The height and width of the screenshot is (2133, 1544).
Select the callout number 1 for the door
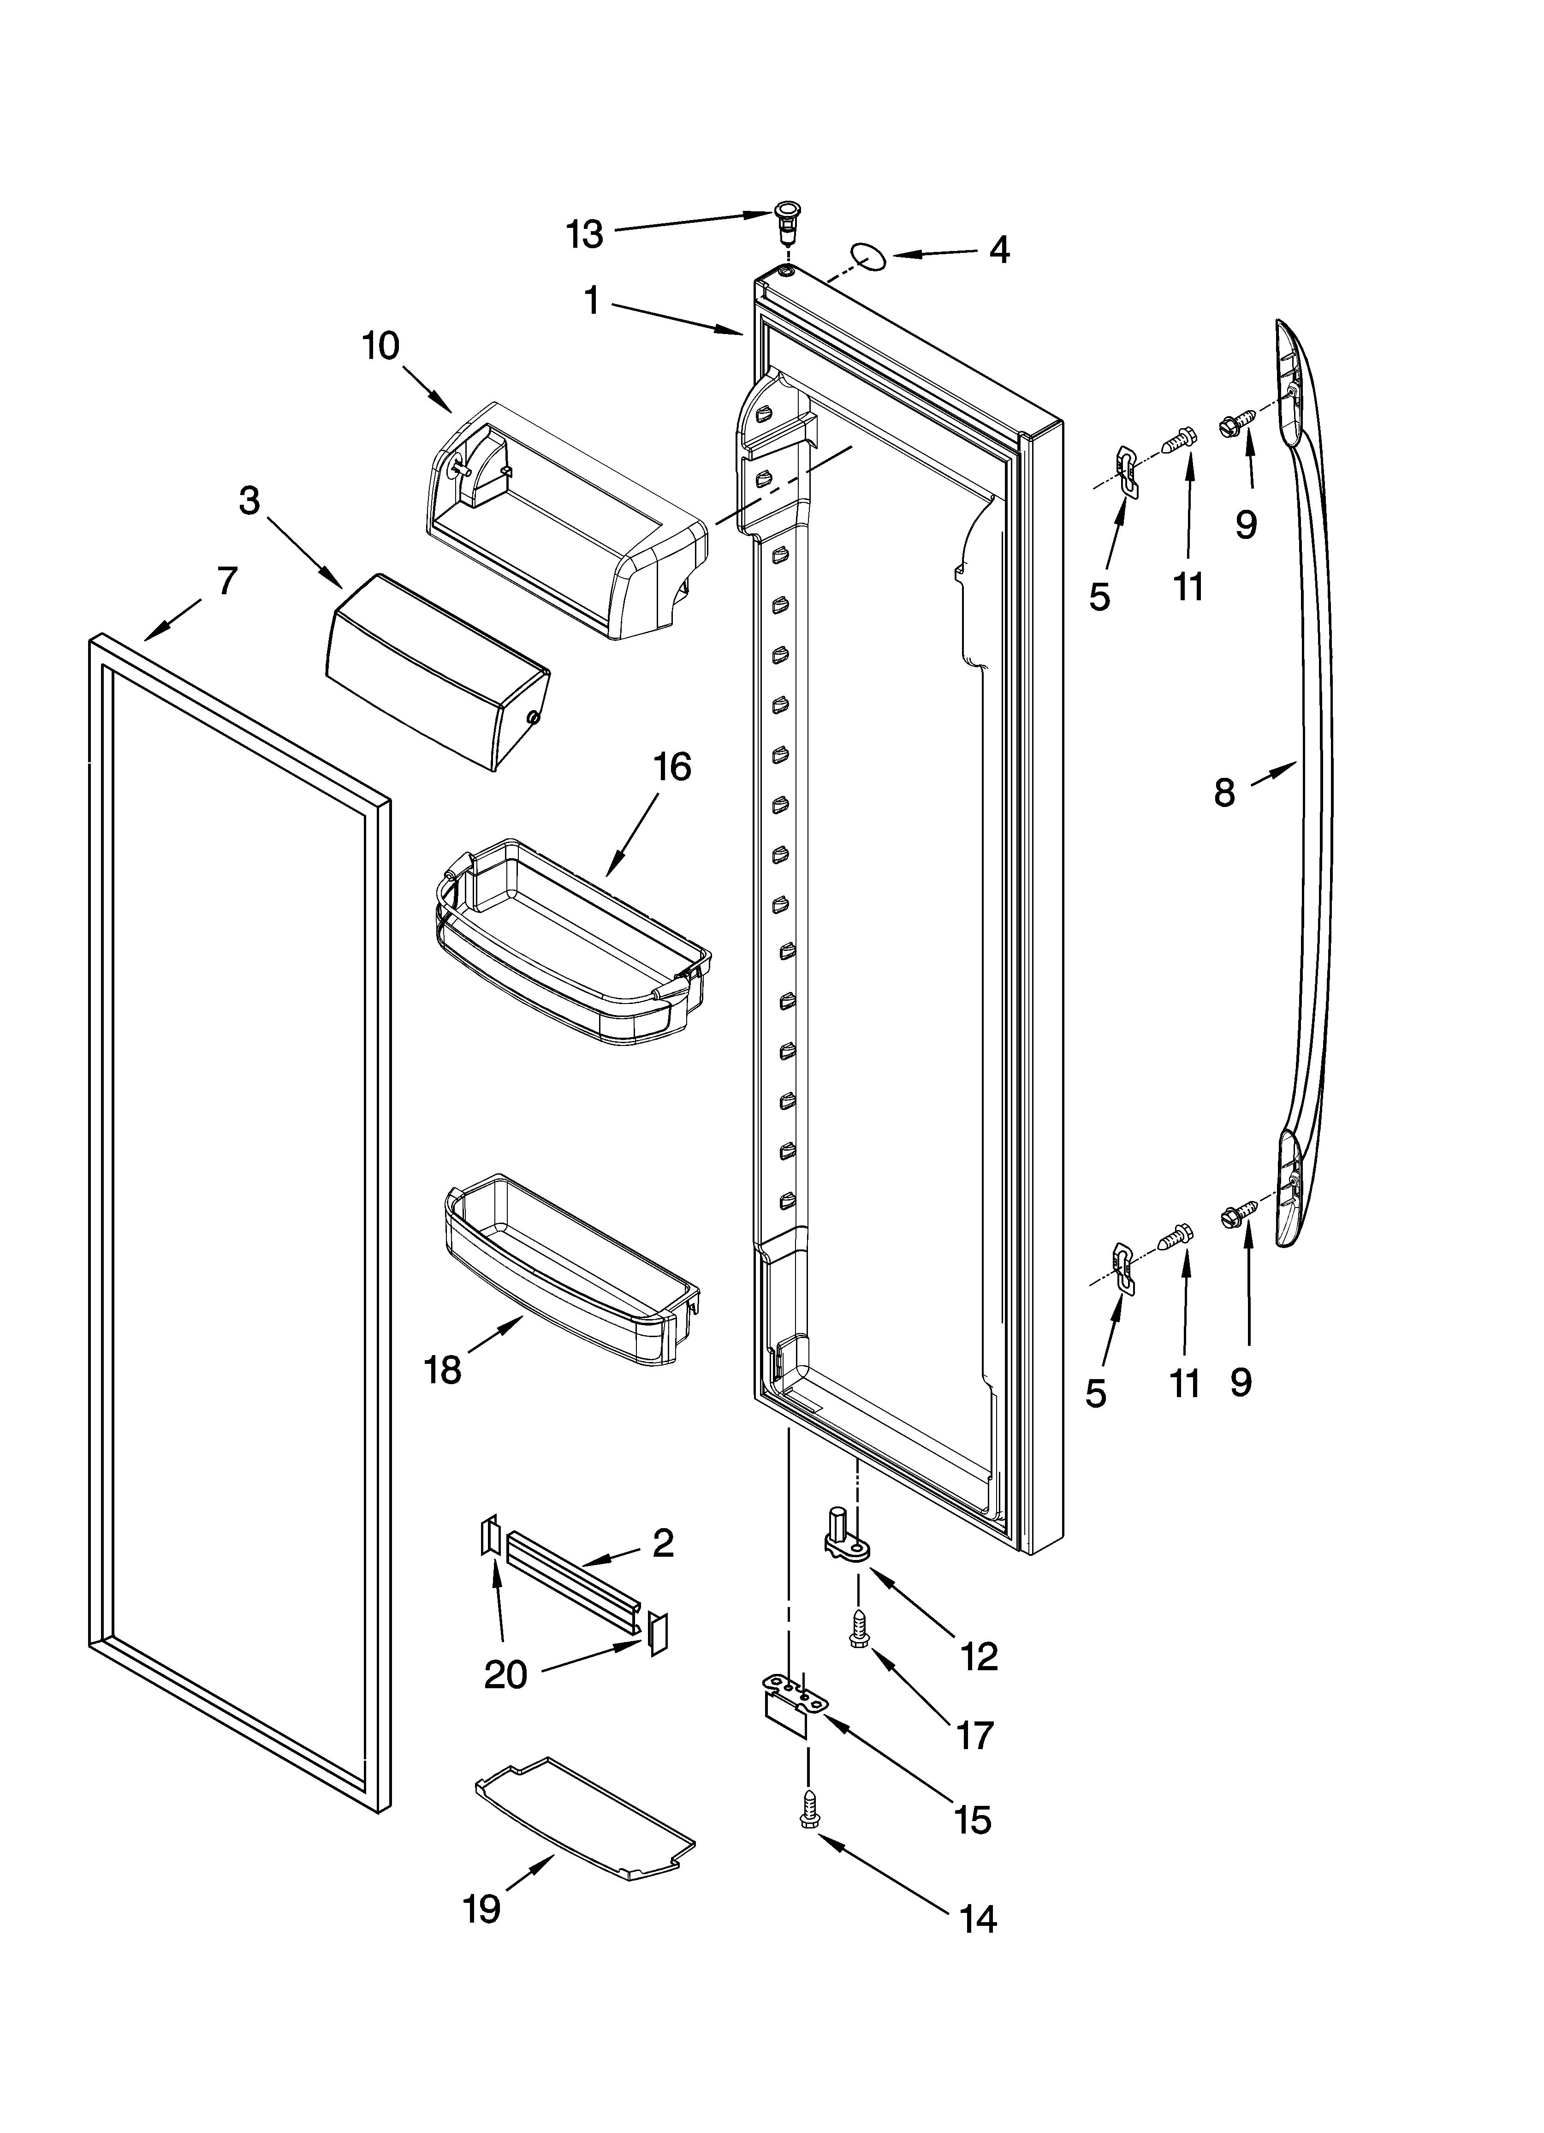592,301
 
